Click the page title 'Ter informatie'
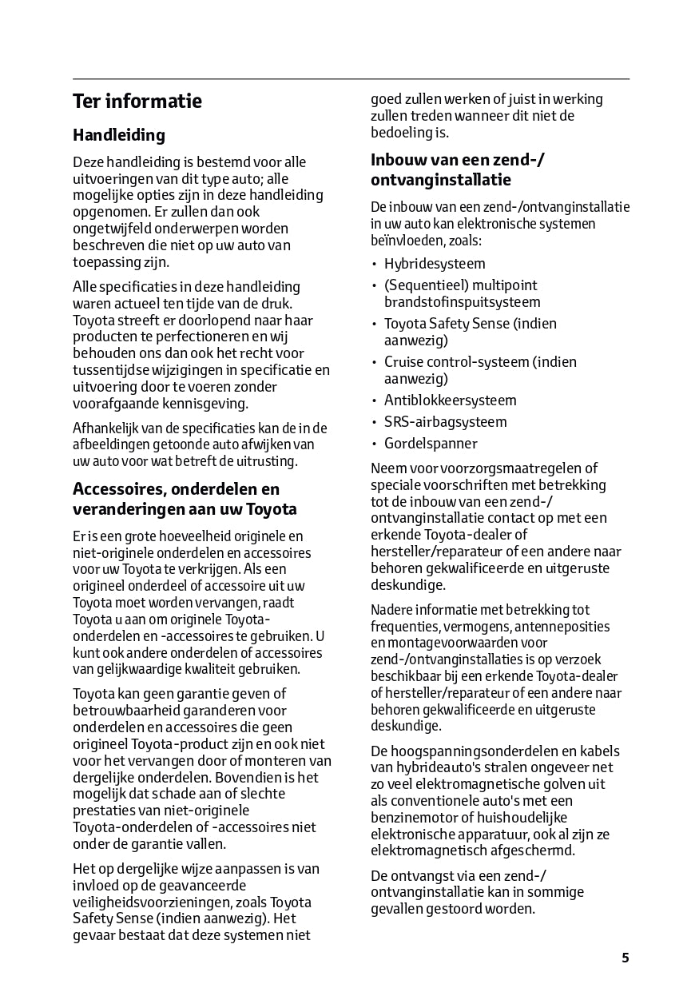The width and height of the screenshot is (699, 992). point(137,102)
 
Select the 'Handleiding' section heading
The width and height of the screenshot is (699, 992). point(119,135)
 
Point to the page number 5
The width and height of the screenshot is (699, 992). point(625,958)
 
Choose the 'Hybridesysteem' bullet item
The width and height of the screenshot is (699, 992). point(435,264)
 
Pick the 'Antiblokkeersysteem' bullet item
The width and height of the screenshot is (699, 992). point(450,400)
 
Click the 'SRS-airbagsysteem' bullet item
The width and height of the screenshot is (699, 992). point(445,422)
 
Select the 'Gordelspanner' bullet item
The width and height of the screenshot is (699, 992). point(431,444)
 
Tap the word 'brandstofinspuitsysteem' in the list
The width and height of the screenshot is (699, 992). point(462,302)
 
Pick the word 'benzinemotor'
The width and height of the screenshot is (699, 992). point(412,818)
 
